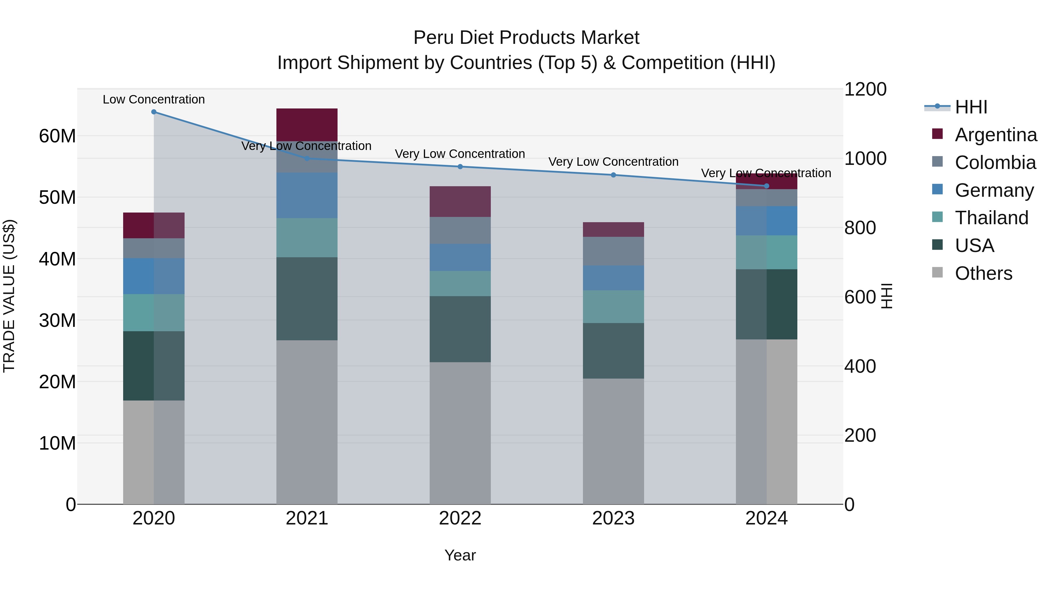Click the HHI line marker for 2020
[154, 112]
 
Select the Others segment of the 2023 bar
[613, 441]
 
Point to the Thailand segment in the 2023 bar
[613, 307]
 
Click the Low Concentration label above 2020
[154, 100]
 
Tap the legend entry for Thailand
[991, 218]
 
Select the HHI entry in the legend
[971, 107]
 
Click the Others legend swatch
[937, 272]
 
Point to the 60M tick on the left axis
[57, 136]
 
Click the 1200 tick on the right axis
[865, 89]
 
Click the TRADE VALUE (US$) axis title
[9, 296]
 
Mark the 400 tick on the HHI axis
[860, 367]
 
